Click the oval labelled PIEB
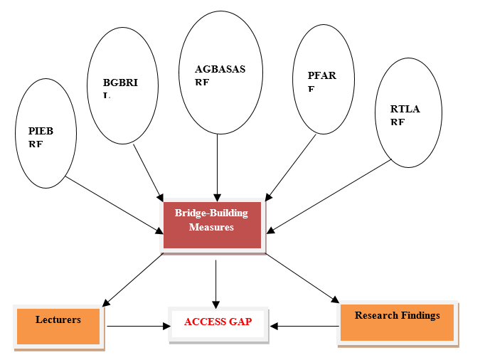click(x=46, y=138)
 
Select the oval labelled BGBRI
click(x=122, y=86)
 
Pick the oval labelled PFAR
click(x=324, y=79)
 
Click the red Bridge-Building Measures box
click(x=212, y=225)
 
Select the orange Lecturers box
click(x=58, y=327)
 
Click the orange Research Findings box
click(x=397, y=322)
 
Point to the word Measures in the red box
click(x=211, y=227)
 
